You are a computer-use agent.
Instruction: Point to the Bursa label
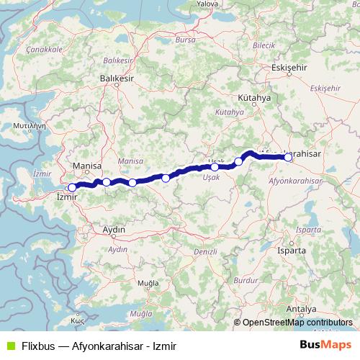pyautogui.click(x=185, y=41)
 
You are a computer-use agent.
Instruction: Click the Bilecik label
pyautogui.click(x=264, y=45)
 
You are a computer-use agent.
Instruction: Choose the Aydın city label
pyautogui.click(x=115, y=230)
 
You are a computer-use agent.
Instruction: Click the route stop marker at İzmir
pyautogui.click(x=72, y=187)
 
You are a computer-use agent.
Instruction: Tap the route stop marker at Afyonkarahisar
pyautogui.click(x=288, y=157)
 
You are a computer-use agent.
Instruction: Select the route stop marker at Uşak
pyautogui.click(x=215, y=167)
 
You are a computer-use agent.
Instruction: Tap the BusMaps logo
pyautogui.click(x=325, y=345)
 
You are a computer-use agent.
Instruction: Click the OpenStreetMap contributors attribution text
pyautogui.click(x=297, y=323)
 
